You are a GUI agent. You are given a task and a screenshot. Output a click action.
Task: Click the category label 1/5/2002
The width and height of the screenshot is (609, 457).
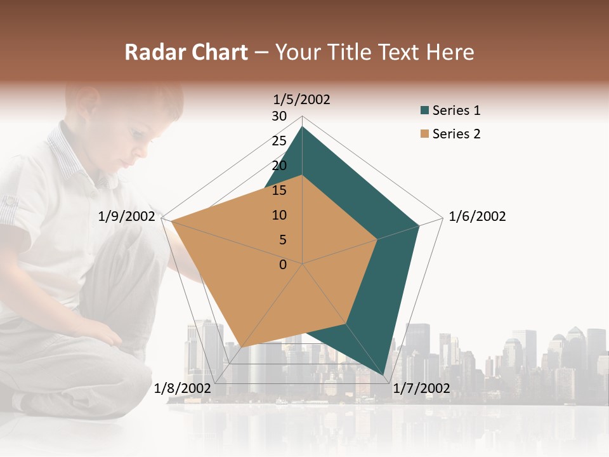301,99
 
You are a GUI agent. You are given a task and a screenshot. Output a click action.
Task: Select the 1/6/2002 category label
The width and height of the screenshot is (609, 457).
477,216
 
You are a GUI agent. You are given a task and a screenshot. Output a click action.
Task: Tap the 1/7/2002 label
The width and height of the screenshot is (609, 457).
421,388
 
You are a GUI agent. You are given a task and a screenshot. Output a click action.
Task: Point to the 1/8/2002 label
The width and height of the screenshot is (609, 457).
183,388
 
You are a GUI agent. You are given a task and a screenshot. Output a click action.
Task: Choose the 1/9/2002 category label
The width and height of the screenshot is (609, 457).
127,216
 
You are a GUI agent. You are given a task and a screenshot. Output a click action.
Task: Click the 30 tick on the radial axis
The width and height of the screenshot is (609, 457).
279,116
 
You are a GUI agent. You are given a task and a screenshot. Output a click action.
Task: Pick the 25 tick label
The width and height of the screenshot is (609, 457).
279,141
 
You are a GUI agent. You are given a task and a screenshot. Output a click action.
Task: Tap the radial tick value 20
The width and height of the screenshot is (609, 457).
279,166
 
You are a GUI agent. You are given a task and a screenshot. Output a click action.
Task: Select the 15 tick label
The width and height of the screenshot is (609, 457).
279,190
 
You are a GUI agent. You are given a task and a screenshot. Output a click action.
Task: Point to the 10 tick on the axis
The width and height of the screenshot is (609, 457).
279,215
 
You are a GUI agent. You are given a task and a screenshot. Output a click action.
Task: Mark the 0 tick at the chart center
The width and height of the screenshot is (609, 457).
283,265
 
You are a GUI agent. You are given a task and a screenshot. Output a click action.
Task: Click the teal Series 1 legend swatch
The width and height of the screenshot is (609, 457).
424,110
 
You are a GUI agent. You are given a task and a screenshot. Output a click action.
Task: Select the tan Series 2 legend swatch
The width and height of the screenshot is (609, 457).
424,134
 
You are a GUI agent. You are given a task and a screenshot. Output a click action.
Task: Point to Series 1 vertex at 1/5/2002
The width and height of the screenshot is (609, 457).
302,127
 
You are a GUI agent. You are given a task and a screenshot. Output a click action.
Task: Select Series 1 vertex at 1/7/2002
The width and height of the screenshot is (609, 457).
384,376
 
